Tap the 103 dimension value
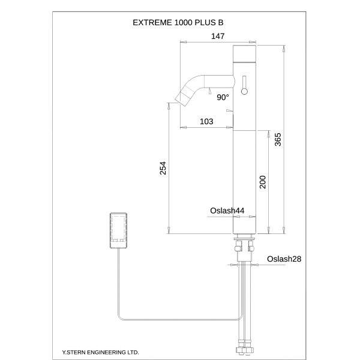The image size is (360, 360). [x=206, y=122]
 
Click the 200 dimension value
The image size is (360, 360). [x=262, y=182]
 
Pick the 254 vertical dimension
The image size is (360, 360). [x=163, y=169]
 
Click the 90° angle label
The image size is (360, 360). [x=223, y=97]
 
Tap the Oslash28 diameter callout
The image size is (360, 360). [x=283, y=259]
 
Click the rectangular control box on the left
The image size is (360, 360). [x=118, y=230]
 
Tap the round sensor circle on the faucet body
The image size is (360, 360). [x=244, y=91]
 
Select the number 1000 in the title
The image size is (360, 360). [x=184, y=22]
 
